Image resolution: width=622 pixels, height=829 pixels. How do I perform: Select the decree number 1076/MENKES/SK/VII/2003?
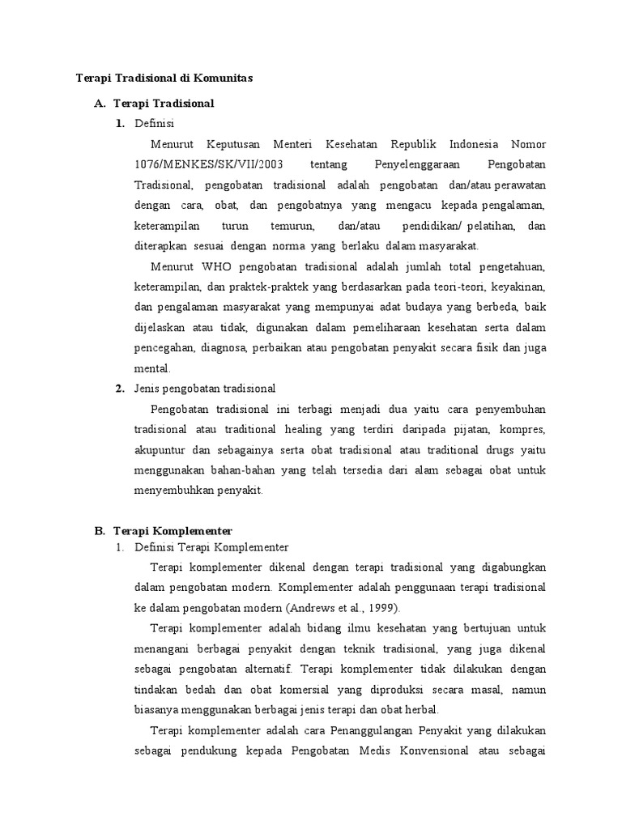190,164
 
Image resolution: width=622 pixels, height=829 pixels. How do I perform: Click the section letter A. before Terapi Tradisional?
100,104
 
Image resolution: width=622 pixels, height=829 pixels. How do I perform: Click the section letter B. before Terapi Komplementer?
100,530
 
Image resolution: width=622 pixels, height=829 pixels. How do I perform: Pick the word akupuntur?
162,449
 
